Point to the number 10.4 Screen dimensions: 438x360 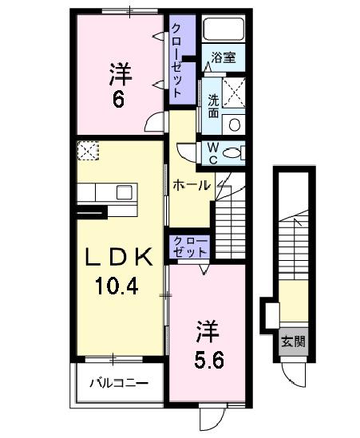point(118,286)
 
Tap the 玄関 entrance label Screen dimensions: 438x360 point(292,342)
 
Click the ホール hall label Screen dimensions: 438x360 point(192,185)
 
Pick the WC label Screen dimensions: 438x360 point(214,152)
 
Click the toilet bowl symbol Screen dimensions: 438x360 point(235,152)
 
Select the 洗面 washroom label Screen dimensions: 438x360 point(214,106)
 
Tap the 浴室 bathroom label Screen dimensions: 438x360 point(223,58)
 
